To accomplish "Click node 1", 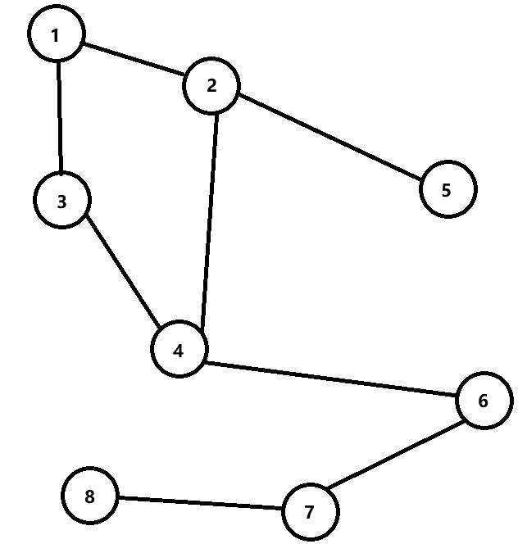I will (x=56, y=35).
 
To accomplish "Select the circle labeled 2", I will (x=211, y=85).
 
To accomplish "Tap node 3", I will (x=62, y=201).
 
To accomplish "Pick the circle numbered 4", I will (x=179, y=350).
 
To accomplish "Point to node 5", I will (x=447, y=190).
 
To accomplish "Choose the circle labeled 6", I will (x=484, y=401).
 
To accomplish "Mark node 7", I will (x=309, y=513).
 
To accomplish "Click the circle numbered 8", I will (x=90, y=496).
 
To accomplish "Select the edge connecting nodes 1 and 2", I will (x=134, y=60).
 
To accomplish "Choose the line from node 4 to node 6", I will (x=331, y=379).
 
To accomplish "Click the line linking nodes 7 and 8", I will (x=199, y=502).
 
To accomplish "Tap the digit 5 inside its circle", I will (x=447, y=190).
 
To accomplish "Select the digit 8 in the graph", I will (x=90, y=496).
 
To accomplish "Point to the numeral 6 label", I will (x=484, y=401).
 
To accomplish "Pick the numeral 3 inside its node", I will (x=62, y=201).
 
